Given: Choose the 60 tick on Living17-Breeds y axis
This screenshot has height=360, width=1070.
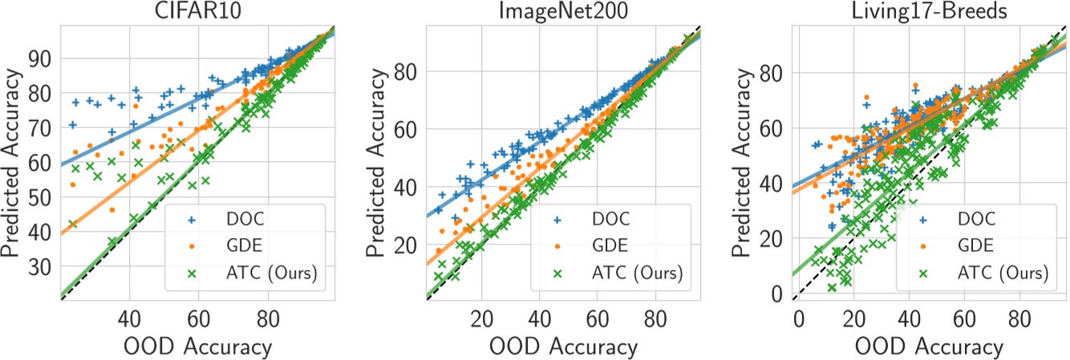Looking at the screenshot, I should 775,127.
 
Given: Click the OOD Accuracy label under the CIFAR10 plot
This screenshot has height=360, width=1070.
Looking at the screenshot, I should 197,346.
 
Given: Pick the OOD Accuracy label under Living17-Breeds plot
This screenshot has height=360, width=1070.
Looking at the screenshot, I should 929,346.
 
